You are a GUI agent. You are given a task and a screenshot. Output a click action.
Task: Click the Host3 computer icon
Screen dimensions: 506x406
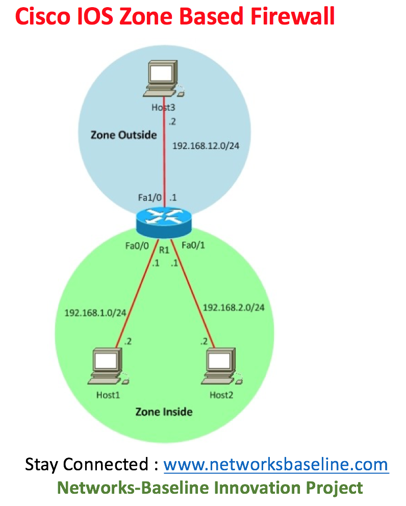tap(164, 79)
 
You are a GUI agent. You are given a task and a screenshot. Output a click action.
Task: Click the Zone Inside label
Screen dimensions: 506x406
tap(164, 411)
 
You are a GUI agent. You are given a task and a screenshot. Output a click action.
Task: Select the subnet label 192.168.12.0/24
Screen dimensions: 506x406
tap(206, 145)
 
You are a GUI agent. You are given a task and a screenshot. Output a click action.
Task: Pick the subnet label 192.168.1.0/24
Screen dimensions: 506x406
tap(95, 312)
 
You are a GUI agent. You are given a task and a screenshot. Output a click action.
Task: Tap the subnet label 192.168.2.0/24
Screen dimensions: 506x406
tap(234, 307)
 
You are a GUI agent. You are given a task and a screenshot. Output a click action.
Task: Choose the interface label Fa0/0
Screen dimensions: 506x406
tap(137, 246)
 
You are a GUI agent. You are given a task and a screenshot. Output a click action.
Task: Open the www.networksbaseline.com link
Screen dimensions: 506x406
tap(275, 465)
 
